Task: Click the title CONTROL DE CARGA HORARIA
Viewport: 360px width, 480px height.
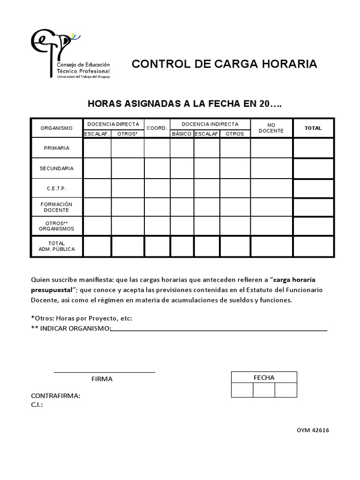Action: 224,64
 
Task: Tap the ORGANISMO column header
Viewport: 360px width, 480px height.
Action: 57,128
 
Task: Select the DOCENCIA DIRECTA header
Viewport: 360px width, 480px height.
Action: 113,124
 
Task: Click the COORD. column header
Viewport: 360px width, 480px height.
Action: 157,128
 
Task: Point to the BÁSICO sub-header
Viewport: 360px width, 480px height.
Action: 181,134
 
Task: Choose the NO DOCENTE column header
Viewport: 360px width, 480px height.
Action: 271,128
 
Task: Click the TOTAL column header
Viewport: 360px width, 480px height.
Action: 313,128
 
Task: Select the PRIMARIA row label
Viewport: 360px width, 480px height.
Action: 57,148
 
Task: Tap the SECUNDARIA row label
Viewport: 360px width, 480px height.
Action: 57,168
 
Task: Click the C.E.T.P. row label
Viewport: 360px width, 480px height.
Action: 57,188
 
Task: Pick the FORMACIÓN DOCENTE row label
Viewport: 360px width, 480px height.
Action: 57,207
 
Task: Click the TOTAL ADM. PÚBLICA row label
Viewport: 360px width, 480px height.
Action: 57,247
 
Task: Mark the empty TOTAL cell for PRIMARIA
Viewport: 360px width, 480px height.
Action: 313,148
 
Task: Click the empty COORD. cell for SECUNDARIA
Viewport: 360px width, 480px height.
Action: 157,168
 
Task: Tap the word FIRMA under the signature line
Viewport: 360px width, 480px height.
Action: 102,379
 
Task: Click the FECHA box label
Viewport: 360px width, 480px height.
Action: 264,377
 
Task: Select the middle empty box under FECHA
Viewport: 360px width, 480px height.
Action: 264,390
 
